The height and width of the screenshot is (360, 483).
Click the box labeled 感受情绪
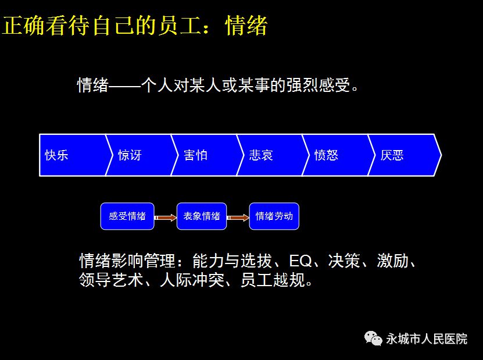127,216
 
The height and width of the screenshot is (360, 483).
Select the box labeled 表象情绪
202,216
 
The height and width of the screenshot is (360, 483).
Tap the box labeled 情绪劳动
274,216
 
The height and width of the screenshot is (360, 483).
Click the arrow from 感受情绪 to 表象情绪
166,218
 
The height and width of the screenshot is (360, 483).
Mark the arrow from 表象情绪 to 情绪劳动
238,218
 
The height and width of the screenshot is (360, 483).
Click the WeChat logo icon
373,338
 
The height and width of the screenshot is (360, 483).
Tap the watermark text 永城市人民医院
427,339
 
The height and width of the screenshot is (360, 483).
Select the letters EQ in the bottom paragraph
300,261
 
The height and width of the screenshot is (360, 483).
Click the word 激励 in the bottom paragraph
393,261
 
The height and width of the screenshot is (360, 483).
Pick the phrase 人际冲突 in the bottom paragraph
192,280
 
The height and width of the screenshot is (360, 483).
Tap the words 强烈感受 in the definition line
318,85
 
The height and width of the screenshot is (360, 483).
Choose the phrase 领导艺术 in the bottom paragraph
111,280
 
